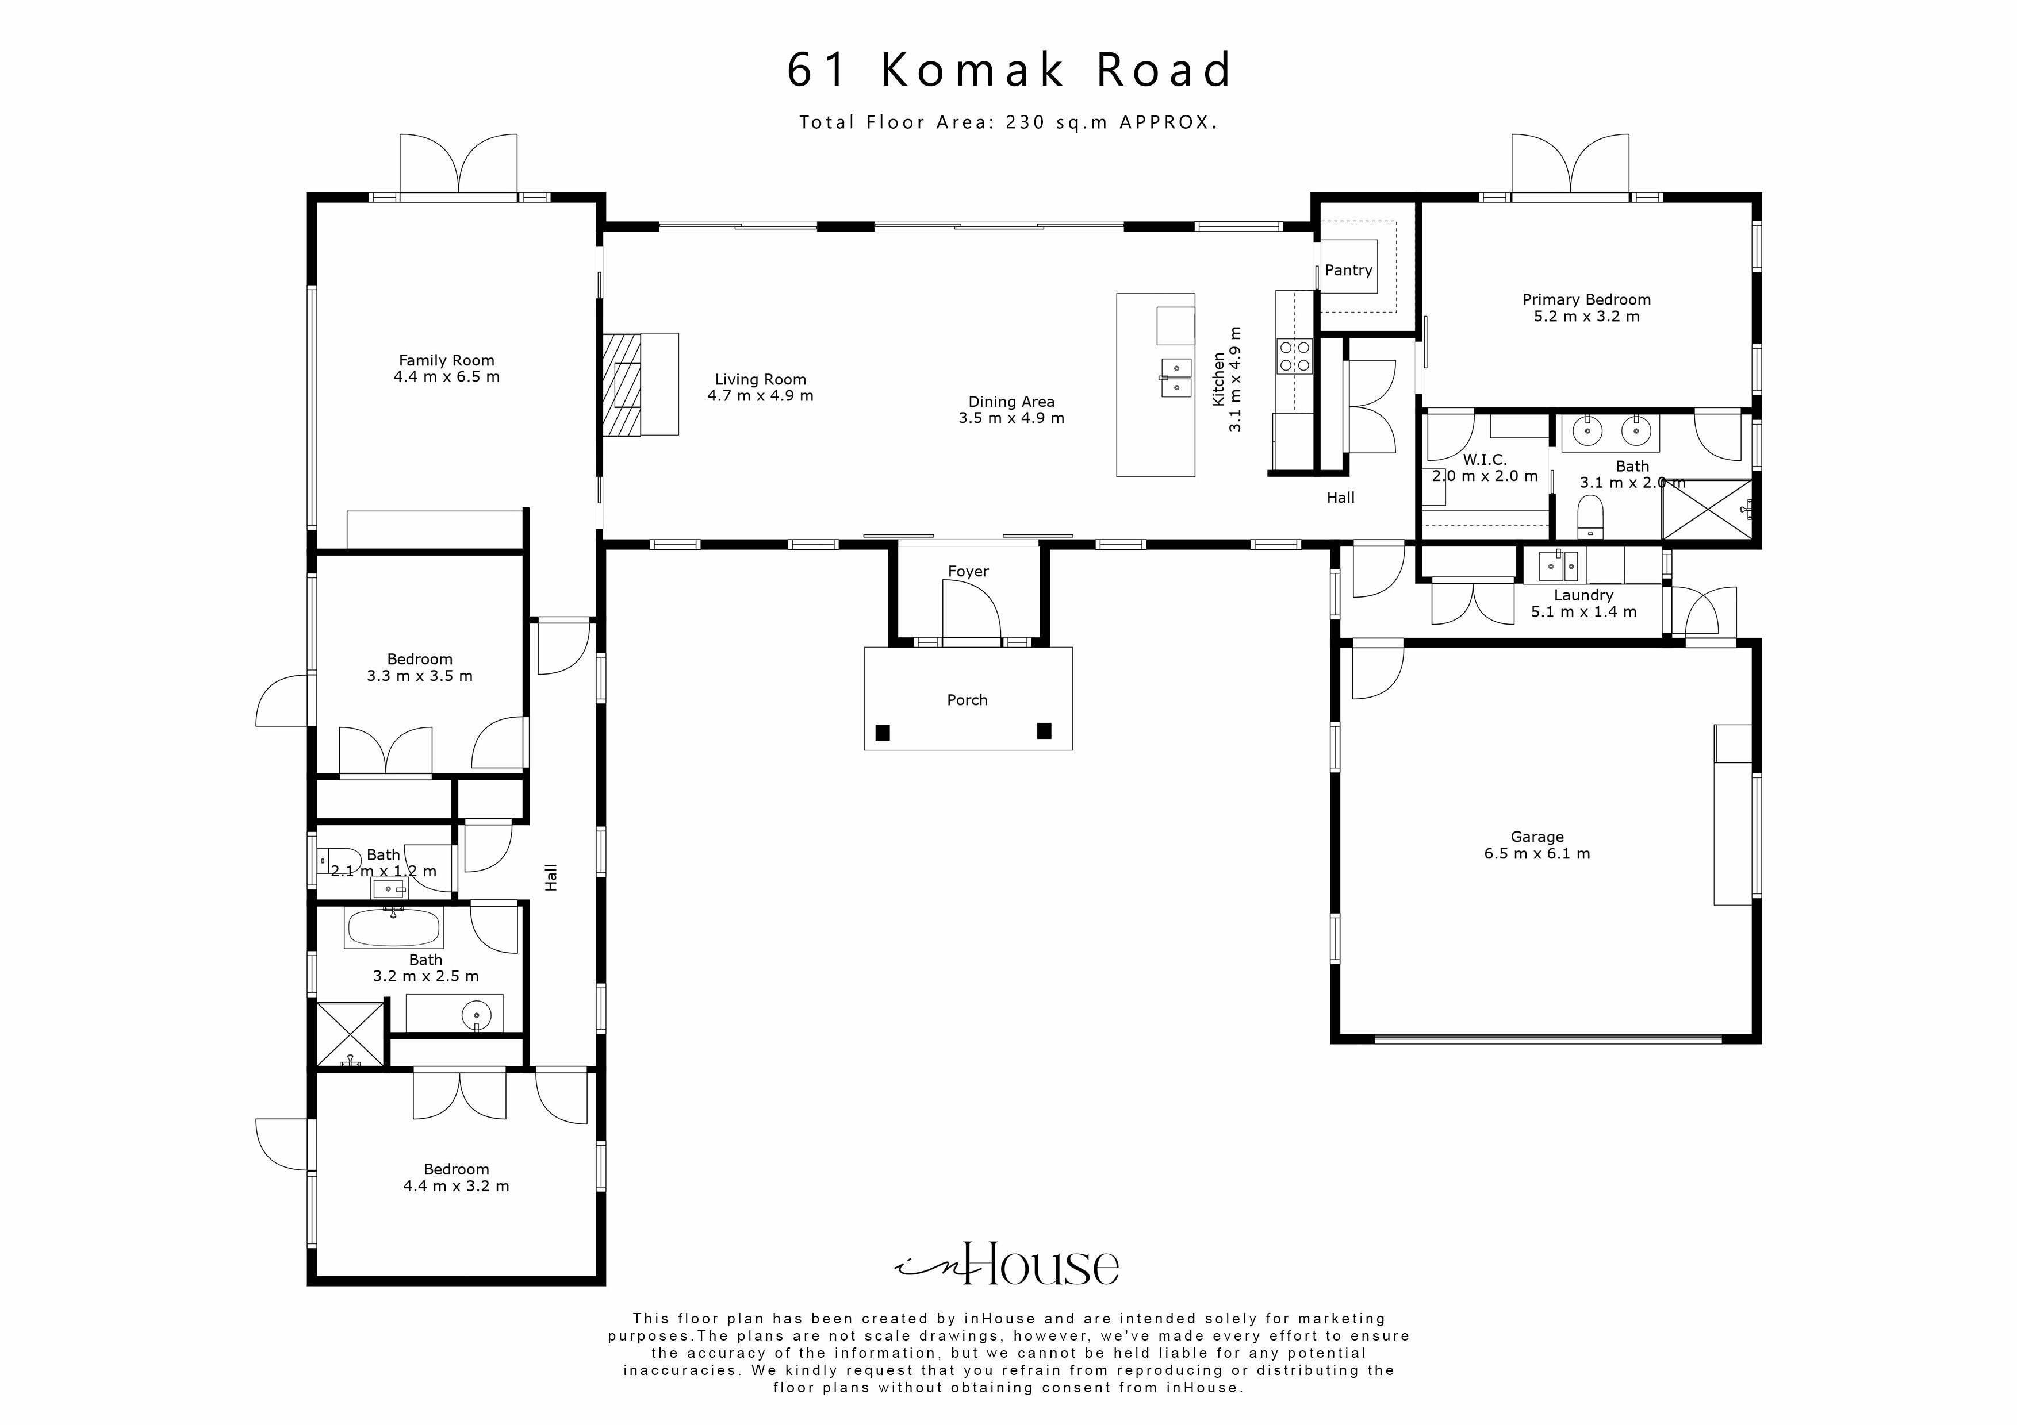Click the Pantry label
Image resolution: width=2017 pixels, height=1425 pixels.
[x=1348, y=271]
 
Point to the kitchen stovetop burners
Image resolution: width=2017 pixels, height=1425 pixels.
[x=1294, y=356]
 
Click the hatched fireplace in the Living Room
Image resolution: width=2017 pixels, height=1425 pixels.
[x=622, y=384]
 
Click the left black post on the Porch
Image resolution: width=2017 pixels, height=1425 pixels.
[x=883, y=732]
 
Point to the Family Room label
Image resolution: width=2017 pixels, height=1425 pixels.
[x=446, y=360]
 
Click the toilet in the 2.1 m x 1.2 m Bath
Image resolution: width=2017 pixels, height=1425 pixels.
[x=339, y=858]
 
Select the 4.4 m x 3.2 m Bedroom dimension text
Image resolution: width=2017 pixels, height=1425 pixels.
[x=456, y=1186]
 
